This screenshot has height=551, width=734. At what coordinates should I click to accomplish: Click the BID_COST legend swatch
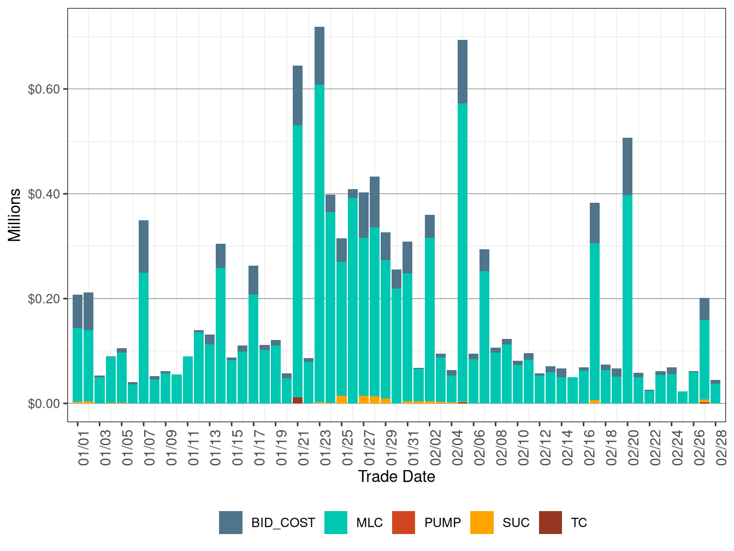(230, 523)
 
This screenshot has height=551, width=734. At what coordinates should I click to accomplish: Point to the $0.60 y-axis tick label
(44, 89)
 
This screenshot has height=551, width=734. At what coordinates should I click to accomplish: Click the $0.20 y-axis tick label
(44, 299)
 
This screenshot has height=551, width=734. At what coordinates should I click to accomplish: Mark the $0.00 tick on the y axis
(44, 404)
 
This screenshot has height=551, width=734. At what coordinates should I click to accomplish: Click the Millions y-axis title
(15, 215)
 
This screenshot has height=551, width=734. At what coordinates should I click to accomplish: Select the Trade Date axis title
(396, 477)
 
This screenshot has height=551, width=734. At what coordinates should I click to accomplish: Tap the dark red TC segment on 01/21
(298, 400)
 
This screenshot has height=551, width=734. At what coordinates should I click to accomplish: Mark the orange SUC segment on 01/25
(342, 399)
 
